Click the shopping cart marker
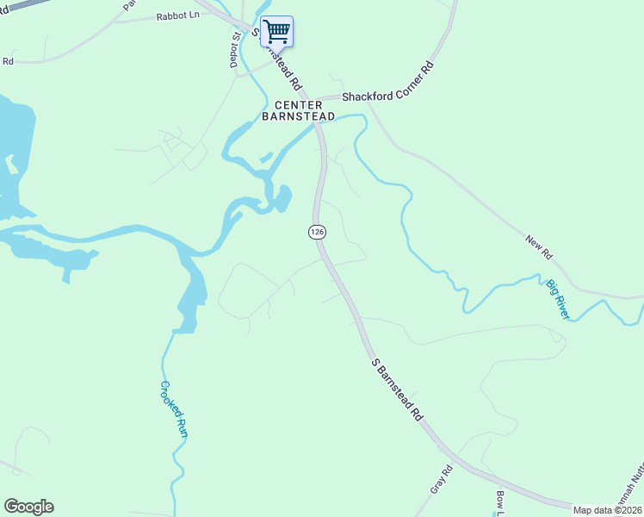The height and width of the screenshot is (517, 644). point(276,32)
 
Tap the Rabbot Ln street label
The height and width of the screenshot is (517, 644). point(177,16)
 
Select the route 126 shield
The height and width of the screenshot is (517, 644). point(317,232)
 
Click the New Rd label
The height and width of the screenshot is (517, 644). point(538,246)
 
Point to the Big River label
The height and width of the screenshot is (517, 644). point(558,298)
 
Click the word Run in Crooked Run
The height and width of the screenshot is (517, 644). point(182,428)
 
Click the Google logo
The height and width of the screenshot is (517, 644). point(28,507)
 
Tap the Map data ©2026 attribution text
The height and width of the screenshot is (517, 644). point(608,510)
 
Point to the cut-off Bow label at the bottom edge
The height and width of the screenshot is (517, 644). point(500,500)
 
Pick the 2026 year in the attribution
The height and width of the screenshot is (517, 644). point(630,510)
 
